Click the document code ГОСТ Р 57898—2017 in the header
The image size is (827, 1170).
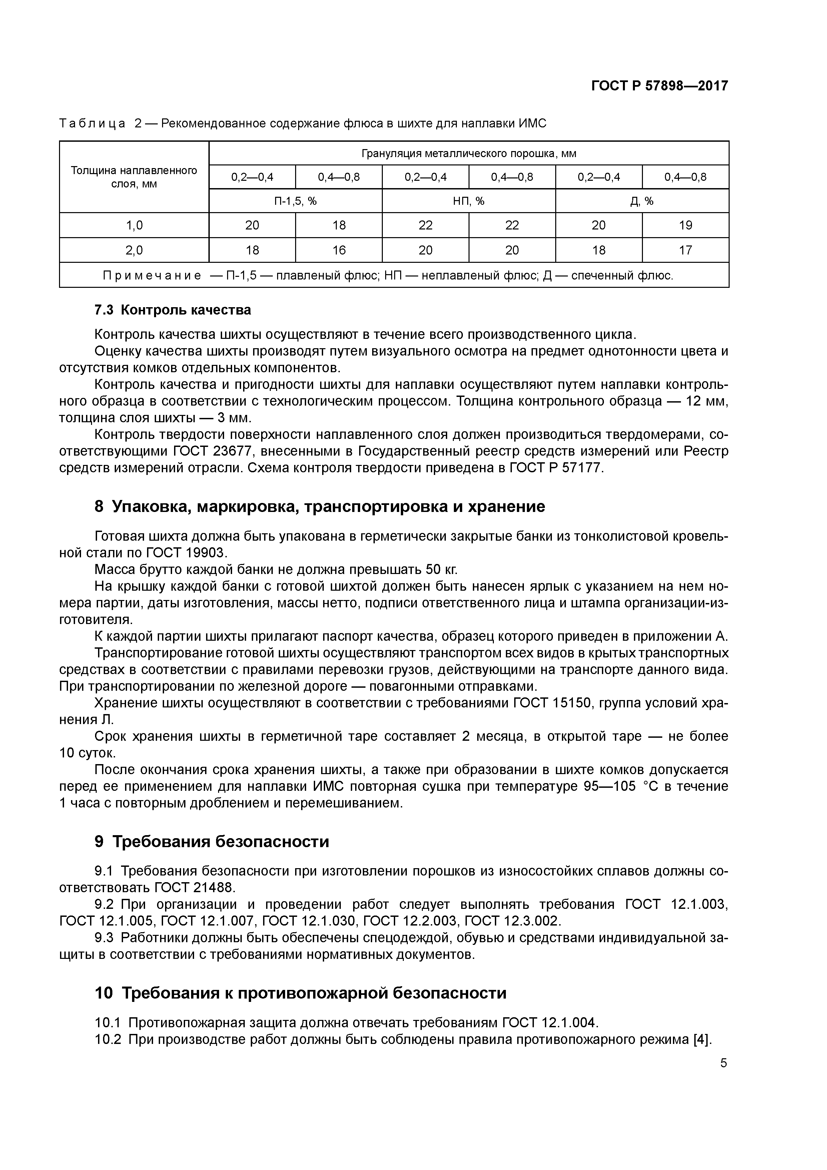[x=659, y=86]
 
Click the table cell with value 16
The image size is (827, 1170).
[x=339, y=250]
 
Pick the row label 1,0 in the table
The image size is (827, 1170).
[x=134, y=225]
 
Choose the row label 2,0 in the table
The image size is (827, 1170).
[x=134, y=250]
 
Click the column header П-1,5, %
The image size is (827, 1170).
[x=295, y=201]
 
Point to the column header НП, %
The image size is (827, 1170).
[x=469, y=201]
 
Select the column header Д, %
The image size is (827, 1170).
[x=642, y=201]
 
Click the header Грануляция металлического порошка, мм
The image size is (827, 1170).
[x=469, y=153]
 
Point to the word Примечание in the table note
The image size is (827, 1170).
[x=152, y=276]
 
